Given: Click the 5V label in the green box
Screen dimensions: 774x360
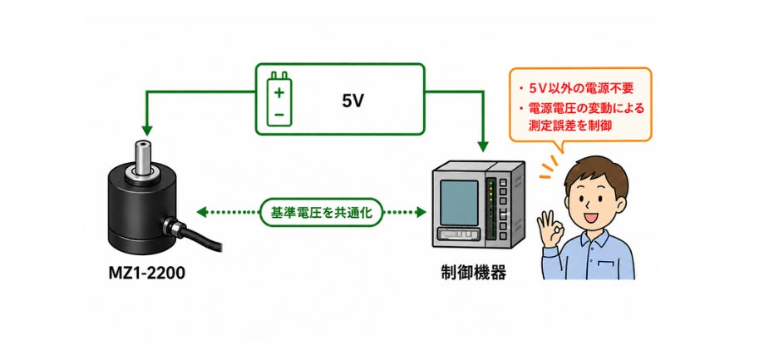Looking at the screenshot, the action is click(352, 101).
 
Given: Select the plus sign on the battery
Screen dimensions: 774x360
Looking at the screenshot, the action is click(279, 91).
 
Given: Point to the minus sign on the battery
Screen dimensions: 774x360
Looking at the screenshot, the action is click(279, 115).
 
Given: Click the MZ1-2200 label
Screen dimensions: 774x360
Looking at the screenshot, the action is click(146, 273).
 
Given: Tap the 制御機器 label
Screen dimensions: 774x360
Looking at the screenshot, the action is click(473, 273).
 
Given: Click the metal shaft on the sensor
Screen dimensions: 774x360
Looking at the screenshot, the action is click(144, 157).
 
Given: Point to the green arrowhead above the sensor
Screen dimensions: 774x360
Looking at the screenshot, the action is click(147, 131).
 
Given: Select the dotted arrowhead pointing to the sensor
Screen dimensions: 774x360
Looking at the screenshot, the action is click(201, 212).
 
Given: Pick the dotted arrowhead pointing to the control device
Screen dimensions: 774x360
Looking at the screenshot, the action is click(421, 212).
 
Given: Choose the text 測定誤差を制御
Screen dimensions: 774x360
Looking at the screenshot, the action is click(570, 126).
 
